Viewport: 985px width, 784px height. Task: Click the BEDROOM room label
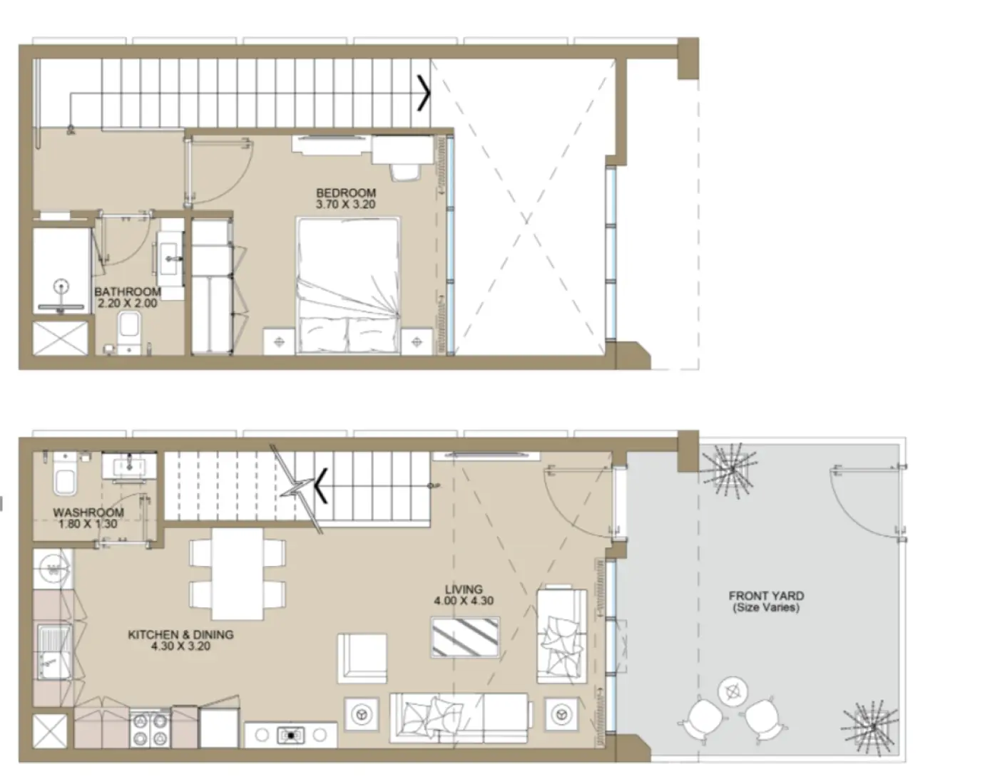coord(345,192)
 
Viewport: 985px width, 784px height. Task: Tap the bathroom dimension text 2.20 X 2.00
coord(128,303)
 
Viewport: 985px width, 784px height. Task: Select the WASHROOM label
coord(88,512)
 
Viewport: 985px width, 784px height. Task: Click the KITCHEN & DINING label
coord(180,634)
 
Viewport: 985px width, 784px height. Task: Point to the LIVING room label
coord(464,589)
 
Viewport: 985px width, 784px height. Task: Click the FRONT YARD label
coord(766,596)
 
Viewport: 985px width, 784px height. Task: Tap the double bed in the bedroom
coord(347,285)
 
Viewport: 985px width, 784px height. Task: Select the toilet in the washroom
coord(64,480)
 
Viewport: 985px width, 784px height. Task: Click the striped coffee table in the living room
coord(465,637)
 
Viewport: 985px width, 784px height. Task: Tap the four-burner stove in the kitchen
coord(150,728)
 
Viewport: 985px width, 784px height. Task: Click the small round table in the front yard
coord(733,690)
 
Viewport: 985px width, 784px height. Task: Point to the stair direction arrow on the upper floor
coord(423,93)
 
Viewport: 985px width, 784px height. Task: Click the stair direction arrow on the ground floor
coord(321,485)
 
